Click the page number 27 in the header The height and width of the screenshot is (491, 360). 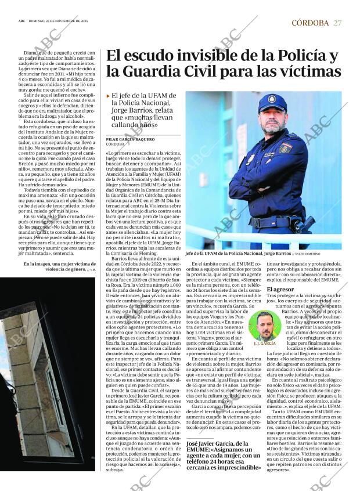tap(337, 23)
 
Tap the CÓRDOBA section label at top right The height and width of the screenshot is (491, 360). tap(310, 23)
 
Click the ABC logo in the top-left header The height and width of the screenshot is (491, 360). tap(21, 21)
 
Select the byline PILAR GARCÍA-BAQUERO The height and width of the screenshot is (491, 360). tap(131, 140)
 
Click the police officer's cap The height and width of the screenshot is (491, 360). tap(272, 103)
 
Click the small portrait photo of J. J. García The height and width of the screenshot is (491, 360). tap(265, 326)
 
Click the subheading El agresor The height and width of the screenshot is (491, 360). tap(280, 289)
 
